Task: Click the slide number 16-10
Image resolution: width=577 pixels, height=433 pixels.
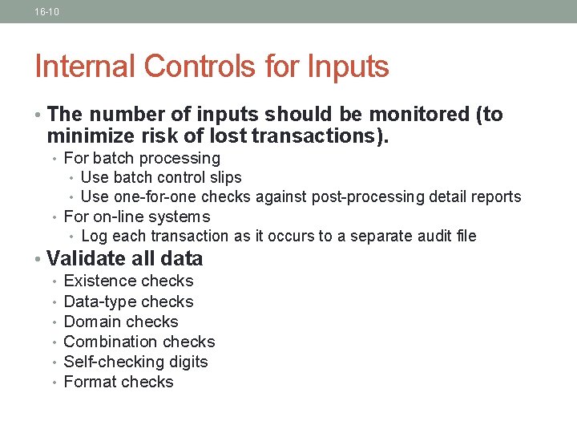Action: (46, 12)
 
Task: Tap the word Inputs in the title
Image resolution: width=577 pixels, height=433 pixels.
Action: (349, 67)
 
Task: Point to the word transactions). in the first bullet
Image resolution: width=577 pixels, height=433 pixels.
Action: (320, 136)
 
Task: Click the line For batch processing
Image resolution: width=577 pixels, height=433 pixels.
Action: (141, 158)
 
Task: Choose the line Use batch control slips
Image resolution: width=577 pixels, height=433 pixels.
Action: (161, 177)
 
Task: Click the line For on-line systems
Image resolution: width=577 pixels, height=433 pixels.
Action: (136, 216)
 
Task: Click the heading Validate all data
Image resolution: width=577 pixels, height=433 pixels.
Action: (125, 258)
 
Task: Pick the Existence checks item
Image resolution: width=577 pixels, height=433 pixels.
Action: (128, 281)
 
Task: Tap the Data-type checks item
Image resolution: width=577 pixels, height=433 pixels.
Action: (128, 301)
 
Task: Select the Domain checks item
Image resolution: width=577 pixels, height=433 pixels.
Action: (121, 322)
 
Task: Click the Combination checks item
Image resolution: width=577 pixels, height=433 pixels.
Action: (139, 342)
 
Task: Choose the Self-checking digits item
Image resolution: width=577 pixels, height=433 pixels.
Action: (135, 362)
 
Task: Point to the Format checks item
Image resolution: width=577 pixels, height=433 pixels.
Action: (119, 382)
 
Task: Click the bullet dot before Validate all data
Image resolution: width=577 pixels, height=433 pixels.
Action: (38, 259)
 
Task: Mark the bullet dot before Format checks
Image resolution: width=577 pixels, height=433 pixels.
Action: (54, 382)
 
